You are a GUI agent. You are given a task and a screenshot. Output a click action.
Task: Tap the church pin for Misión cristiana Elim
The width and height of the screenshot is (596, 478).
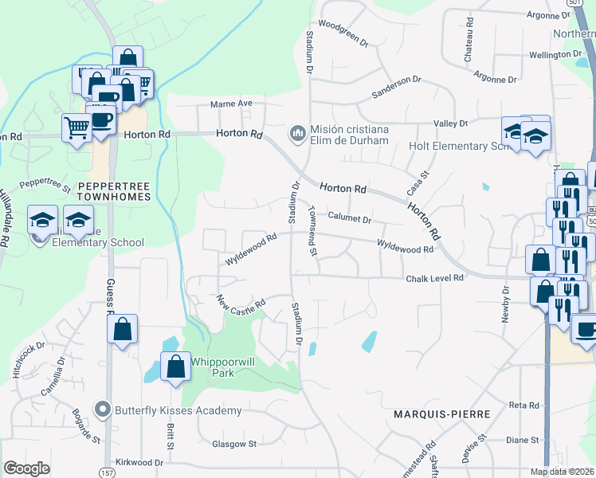[298, 131]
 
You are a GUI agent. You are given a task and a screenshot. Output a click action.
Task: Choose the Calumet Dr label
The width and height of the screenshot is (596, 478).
[350, 217]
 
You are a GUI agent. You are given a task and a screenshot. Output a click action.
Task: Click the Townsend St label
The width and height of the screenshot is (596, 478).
[312, 231]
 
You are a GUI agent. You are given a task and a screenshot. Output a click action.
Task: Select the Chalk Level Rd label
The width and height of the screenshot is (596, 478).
[434, 278]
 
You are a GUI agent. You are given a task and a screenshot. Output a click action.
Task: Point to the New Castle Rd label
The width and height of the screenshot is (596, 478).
[241, 304]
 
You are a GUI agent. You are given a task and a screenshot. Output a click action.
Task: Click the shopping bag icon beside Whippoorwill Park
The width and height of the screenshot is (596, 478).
[176, 367]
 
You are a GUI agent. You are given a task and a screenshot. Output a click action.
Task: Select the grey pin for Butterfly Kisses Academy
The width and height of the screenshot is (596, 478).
[102, 410]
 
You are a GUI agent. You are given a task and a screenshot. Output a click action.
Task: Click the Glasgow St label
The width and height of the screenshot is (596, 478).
[234, 444]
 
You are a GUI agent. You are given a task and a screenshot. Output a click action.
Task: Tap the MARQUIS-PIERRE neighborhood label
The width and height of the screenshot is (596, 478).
[433, 415]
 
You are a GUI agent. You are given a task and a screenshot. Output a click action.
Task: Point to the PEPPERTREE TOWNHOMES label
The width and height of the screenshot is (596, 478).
[114, 191]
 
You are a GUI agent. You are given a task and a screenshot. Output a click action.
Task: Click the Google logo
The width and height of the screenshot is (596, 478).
[27, 468]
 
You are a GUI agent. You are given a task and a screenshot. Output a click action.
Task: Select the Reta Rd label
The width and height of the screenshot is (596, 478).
[523, 406]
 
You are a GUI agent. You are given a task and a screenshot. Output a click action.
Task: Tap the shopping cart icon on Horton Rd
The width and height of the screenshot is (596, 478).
[77, 127]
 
